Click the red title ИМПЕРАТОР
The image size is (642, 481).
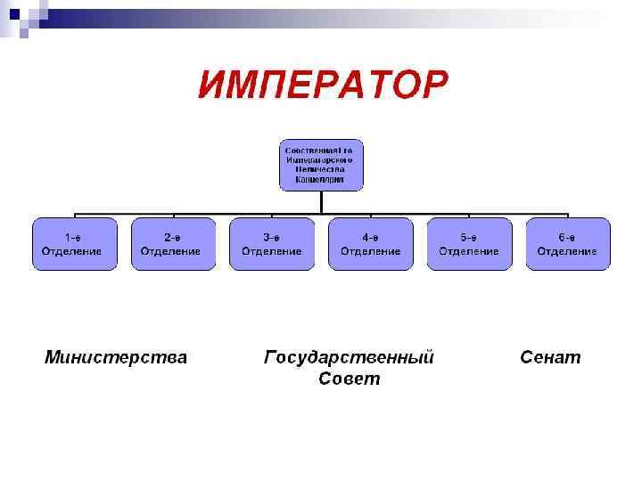[x=323, y=86]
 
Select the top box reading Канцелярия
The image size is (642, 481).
[x=322, y=165]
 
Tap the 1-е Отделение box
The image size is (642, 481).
[x=75, y=244]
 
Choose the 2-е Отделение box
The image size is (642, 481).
[x=173, y=244]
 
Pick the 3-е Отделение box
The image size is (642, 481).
[x=272, y=244]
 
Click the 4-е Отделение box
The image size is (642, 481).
[x=371, y=244]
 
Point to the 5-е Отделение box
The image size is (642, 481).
[x=469, y=244]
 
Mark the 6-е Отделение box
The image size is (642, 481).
[x=568, y=244]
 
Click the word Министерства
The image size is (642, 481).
[x=116, y=358]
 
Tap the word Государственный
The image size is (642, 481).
[x=350, y=358]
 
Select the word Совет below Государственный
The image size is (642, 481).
[x=350, y=379]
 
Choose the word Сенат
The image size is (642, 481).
[x=550, y=358]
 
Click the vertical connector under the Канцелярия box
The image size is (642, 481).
[x=322, y=202]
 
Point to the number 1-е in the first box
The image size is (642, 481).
[x=75, y=237]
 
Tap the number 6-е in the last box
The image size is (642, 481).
[x=568, y=237]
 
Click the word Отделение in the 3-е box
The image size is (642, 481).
[x=272, y=251]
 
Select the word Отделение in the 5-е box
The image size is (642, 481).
[x=469, y=251]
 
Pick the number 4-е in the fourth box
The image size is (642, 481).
[x=371, y=237]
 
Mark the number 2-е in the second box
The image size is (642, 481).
[x=173, y=237]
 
